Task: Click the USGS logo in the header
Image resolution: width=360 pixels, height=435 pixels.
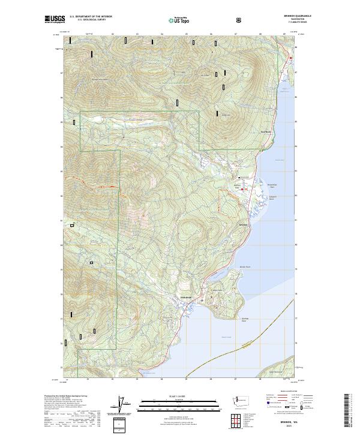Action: [x=55, y=20]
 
